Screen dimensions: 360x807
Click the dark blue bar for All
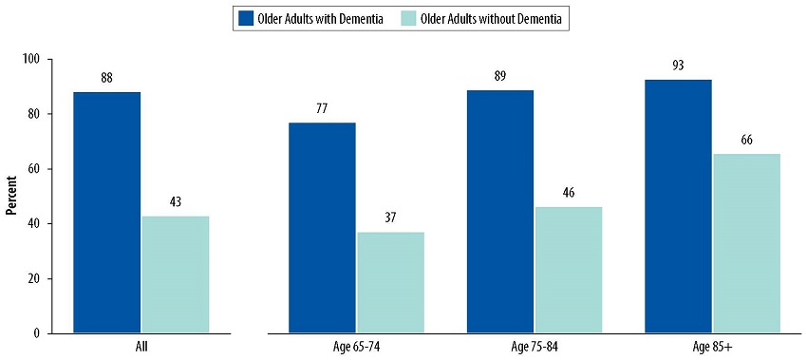[x=106, y=213]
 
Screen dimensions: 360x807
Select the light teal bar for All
[x=176, y=275]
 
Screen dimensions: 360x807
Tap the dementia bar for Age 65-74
[x=322, y=228]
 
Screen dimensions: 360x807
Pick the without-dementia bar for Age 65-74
[x=390, y=283]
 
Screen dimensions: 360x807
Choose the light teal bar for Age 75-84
[x=568, y=271]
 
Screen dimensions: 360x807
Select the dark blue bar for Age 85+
[x=678, y=206]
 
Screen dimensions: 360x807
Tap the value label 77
[x=322, y=108]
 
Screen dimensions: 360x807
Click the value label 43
[x=176, y=201]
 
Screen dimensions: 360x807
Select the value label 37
[x=390, y=218]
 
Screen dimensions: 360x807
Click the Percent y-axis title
[x=11, y=197]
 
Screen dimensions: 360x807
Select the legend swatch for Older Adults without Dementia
[x=405, y=18]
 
